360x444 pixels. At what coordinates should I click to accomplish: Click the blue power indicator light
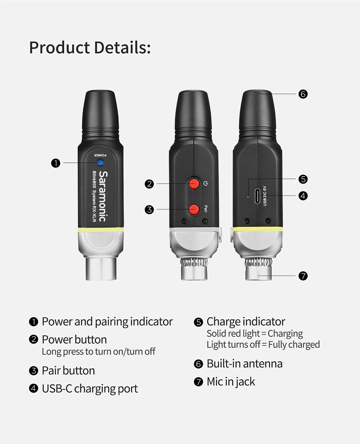click(x=100, y=162)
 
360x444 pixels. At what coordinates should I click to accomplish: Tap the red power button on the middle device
click(x=194, y=184)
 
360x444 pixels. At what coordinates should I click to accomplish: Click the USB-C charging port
click(x=257, y=196)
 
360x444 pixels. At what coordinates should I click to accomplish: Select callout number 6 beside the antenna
click(x=303, y=94)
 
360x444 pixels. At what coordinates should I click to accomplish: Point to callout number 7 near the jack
click(x=303, y=276)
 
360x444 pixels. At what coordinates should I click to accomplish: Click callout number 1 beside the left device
click(x=56, y=163)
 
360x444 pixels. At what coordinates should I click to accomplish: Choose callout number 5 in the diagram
click(x=303, y=179)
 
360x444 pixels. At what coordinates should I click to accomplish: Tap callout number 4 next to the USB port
click(x=303, y=196)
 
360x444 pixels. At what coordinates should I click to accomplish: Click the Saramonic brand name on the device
click(x=104, y=196)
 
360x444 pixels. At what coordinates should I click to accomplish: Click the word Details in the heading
click(x=122, y=47)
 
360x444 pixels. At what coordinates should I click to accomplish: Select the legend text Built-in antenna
click(x=245, y=364)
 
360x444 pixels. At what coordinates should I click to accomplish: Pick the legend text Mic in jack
click(x=231, y=382)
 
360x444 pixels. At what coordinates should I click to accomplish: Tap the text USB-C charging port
click(x=90, y=389)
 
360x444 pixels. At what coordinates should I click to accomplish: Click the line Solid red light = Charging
click(x=255, y=333)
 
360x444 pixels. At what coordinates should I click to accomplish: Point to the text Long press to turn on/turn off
click(x=99, y=351)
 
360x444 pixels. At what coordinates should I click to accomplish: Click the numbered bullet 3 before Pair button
click(x=33, y=371)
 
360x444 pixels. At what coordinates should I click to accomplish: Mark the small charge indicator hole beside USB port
click(x=248, y=196)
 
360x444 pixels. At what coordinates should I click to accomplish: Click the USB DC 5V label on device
click(x=265, y=196)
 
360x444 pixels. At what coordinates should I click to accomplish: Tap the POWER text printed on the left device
click(x=100, y=155)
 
